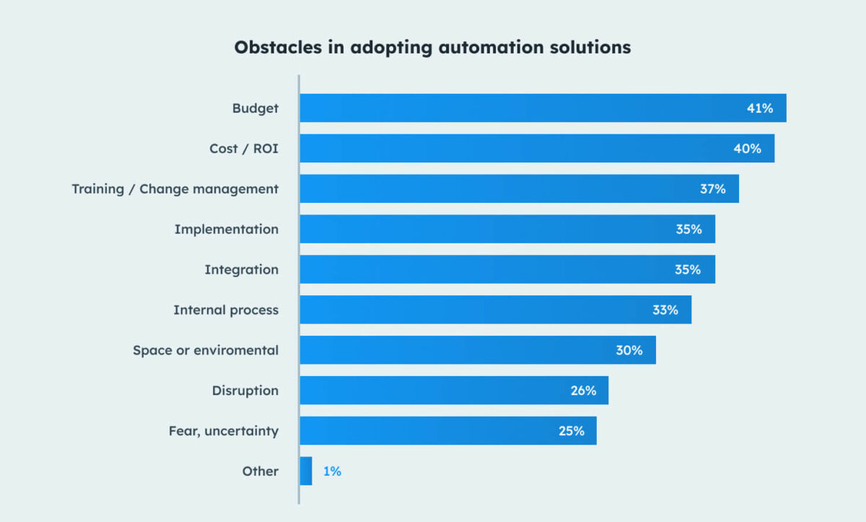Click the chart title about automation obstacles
432,48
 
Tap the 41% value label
759,108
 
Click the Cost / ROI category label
243,149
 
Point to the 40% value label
748,149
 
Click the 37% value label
712,189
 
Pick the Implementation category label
226,230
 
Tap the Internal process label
225,310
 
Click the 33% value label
665,310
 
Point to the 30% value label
629,350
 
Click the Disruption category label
245,391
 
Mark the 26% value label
582,391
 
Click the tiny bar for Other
306,471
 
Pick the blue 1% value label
332,471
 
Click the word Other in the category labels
260,471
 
